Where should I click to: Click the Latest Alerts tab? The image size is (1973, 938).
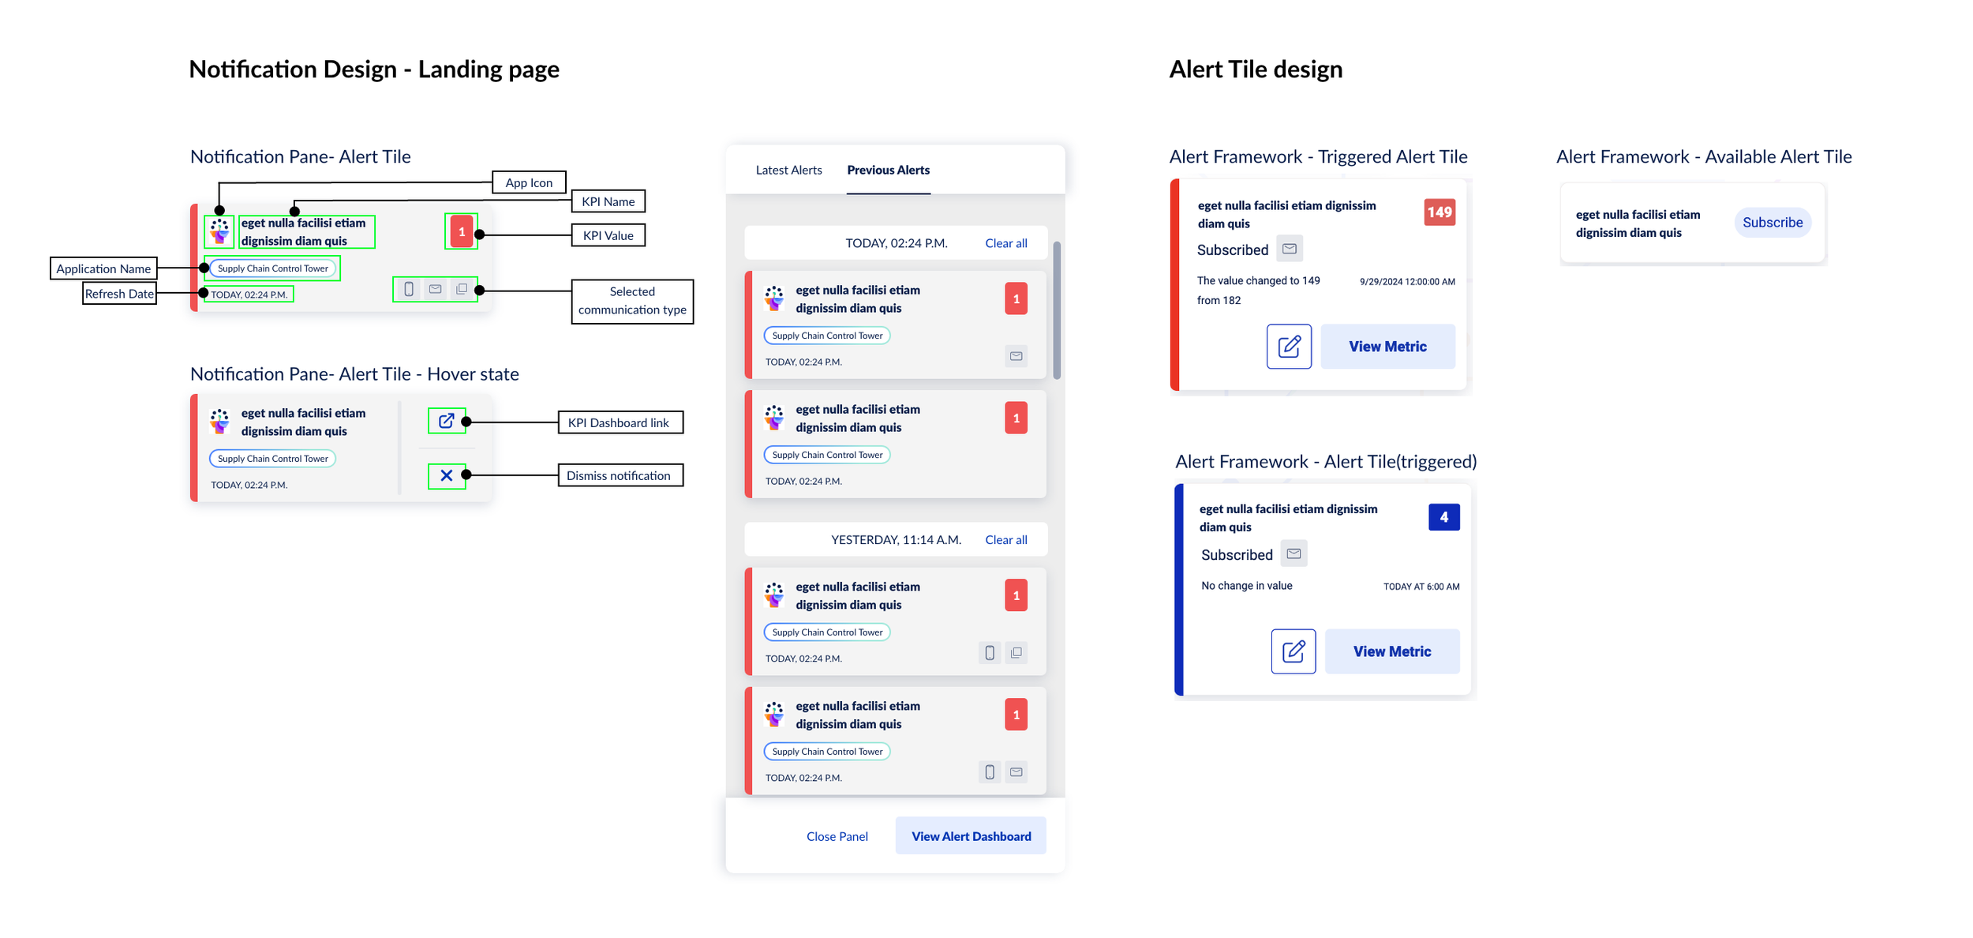click(x=788, y=170)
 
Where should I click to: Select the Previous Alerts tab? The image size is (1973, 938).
click(x=888, y=170)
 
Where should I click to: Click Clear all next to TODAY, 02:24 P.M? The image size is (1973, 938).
click(x=1005, y=243)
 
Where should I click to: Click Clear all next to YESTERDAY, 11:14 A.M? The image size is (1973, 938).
click(x=1005, y=540)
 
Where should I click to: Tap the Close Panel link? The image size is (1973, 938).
click(x=837, y=836)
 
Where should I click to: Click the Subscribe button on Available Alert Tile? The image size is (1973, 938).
click(x=1772, y=223)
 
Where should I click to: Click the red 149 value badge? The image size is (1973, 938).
click(x=1439, y=212)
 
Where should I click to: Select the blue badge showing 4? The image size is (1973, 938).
click(x=1443, y=517)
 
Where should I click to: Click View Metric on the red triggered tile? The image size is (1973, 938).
click(x=1387, y=347)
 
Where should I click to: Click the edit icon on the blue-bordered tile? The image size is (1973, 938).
click(x=1293, y=651)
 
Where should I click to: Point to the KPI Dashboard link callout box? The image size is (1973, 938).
click(x=620, y=422)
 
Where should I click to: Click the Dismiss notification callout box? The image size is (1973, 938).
click(x=620, y=475)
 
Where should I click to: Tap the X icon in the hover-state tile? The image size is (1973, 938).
click(x=447, y=475)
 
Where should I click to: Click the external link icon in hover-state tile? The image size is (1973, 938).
click(x=447, y=421)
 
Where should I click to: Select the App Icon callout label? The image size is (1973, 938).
click(x=529, y=182)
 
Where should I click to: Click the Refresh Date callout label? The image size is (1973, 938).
click(x=119, y=294)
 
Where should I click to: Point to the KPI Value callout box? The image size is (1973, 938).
click(x=608, y=235)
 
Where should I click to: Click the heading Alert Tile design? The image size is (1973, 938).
click(x=1255, y=69)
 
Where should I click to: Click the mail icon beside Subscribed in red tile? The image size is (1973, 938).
click(x=1289, y=249)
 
